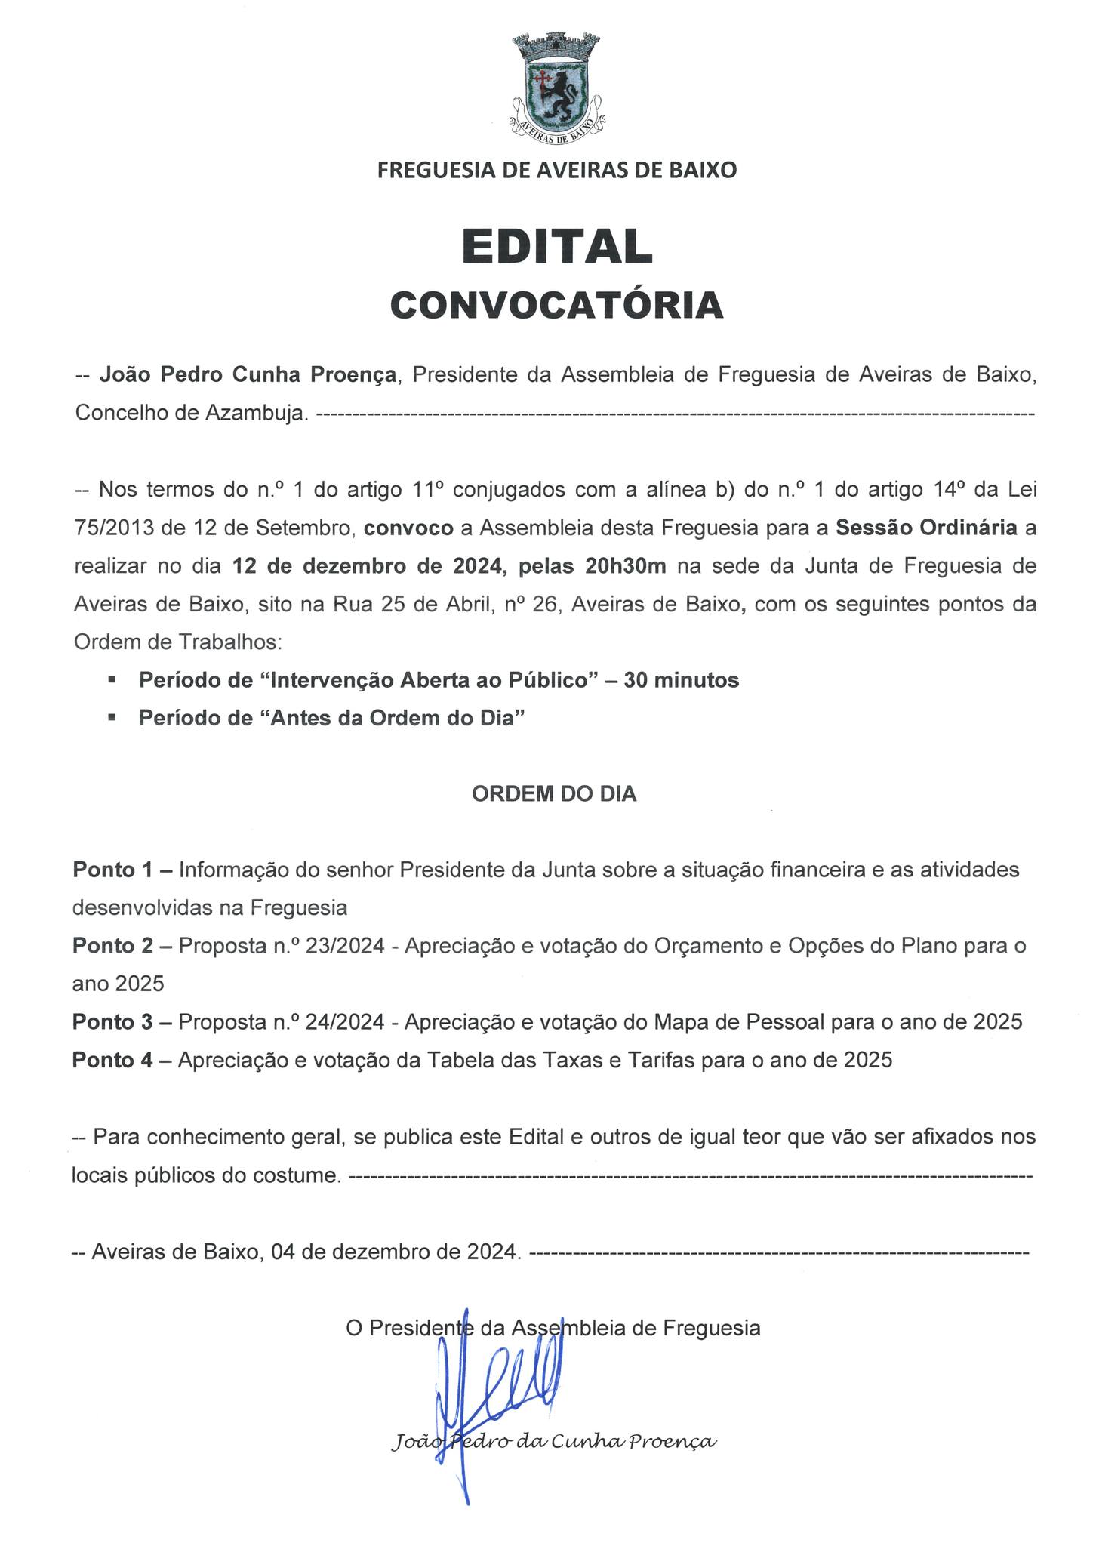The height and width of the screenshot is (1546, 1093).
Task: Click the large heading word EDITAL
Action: point(557,246)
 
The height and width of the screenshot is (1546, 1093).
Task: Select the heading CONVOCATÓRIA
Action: point(557,305)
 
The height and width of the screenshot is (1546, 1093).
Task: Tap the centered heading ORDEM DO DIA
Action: point(554,794)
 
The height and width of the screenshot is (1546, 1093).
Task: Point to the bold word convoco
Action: point(408,528)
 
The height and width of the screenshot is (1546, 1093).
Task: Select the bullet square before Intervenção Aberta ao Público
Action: point(112,680)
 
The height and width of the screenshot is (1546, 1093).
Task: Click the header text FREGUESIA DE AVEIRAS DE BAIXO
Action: point(557,170)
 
